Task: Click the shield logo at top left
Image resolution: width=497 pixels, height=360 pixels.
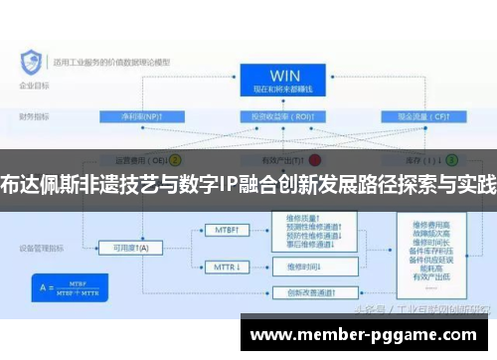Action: point(29,63)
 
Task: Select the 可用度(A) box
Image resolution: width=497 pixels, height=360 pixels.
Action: point(130,247)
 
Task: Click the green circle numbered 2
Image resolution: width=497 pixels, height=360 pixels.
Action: point(175,159)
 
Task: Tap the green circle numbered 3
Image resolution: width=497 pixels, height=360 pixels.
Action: point(451,159)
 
